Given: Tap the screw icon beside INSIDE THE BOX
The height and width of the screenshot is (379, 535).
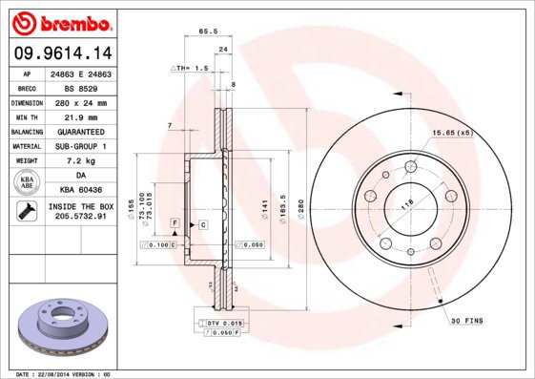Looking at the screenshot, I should pyautogui.click(x=28, y=211).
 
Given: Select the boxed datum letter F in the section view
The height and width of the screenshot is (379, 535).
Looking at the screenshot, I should pyautogui.click(x=175, y=221).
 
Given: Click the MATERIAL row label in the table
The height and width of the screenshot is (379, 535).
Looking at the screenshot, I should pyautogui.click(x=26, y=146).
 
